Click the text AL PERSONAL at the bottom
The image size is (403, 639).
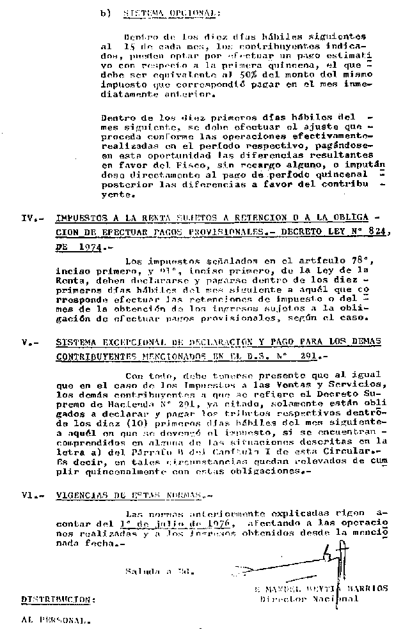tap(55, 620)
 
